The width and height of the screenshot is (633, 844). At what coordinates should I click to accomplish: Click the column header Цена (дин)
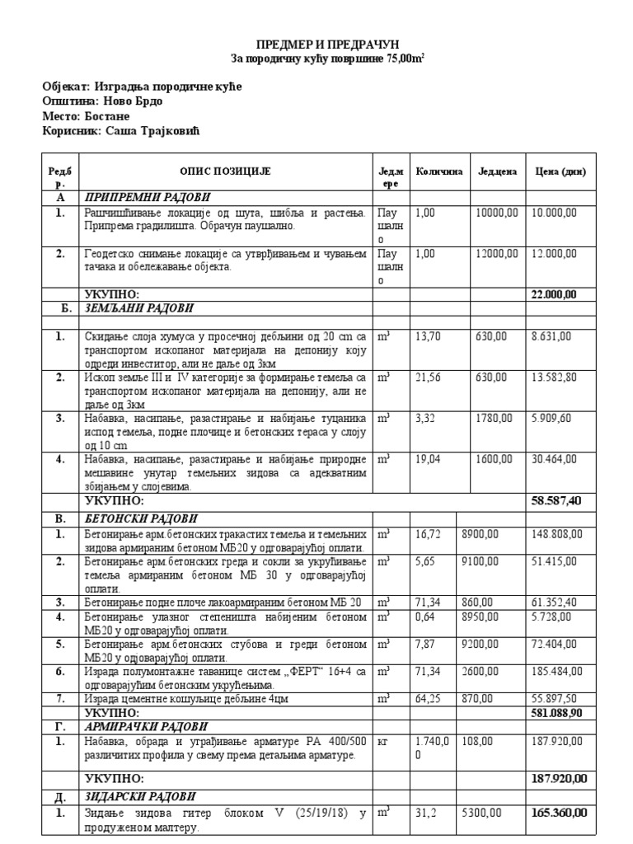tap(560, 171)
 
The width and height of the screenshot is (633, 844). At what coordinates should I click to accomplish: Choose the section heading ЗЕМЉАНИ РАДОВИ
tap(138, 308)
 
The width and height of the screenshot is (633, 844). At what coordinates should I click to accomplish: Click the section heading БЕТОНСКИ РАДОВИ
tap(141, 518)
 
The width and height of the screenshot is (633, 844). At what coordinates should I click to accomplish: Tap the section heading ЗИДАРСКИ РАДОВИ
tap(140, 796)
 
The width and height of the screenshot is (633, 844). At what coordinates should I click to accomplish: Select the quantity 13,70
tap(429, 336)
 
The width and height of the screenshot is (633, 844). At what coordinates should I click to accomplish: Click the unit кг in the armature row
tap(382, 742)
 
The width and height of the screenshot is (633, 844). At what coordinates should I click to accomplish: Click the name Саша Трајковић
tap(155, 131)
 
